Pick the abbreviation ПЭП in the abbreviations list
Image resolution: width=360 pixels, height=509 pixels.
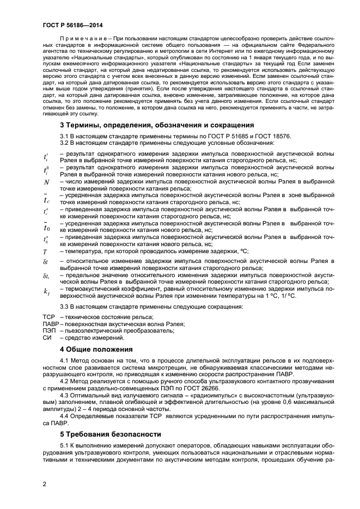tap(49, 330)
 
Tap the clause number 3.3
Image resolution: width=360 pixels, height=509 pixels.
tap(64, 306)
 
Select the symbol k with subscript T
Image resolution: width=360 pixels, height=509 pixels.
tap(46, 291)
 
